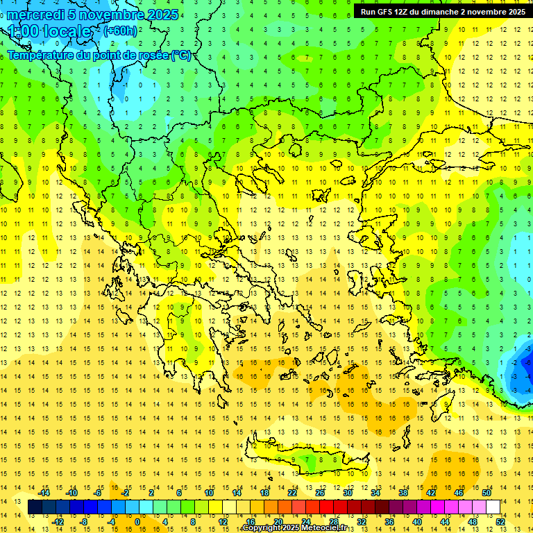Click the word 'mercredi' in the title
(36, 15)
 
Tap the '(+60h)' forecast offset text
(120, 30)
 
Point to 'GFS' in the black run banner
(389, 12)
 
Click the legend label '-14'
(44, 493)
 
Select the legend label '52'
(500, 522)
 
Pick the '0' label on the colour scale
(137, 522)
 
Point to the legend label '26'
(320, 493)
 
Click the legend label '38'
(403, 493)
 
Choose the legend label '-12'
(58, 522)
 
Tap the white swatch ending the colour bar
(493, 507)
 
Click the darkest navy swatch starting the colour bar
(35, 507)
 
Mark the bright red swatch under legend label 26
(326, 507)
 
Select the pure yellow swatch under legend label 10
(215, 507)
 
